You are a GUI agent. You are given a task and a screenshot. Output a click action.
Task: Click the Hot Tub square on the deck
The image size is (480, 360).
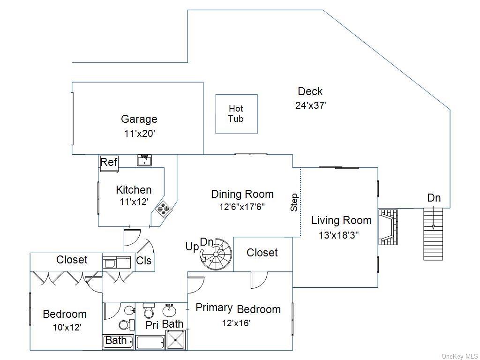[236, 114]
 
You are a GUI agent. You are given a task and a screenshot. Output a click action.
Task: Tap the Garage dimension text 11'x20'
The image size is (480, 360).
[139, 133]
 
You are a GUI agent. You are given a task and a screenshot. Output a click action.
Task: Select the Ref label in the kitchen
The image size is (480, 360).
[109, 162]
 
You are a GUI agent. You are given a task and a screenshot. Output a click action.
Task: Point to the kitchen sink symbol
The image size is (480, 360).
[144, 160]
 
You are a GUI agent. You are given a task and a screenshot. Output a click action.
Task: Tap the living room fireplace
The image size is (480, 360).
[388, 227]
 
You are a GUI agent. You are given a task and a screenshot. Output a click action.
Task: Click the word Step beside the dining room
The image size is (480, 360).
[294, 202]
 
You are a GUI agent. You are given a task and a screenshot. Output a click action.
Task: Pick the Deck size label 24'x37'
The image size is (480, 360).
[311, 105]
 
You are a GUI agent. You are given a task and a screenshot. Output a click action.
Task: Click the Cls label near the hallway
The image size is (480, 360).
[144, 260]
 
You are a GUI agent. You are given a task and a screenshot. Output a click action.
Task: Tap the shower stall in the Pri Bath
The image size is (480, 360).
[176, 340]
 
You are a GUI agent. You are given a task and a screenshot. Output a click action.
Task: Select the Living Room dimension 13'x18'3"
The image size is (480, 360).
[339, 235]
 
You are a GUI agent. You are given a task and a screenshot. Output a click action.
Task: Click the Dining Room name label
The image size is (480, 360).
[242, 194]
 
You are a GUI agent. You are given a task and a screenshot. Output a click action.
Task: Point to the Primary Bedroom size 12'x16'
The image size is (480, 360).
[236, 323]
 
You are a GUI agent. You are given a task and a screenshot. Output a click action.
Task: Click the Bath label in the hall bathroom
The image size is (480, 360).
[116, 340]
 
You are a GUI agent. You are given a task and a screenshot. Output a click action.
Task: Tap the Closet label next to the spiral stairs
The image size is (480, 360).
[262, 253]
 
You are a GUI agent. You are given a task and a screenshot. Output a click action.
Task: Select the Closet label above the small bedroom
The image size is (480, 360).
[72, 260]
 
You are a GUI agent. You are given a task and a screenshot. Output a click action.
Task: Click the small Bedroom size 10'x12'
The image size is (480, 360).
[67, 328]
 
